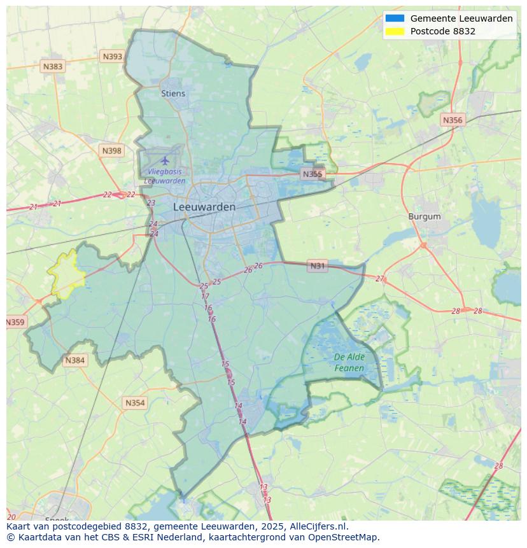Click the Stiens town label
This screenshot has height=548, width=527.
click(173, 94)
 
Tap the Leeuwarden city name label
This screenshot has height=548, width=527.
click(204, 207)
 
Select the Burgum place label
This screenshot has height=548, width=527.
click(425, 216)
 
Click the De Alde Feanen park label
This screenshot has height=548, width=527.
click(349, 363)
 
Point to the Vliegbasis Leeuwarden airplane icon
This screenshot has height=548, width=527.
click(165, 160)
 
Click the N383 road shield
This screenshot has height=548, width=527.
click(53, 66)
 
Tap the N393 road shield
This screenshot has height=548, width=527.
click(112, 57)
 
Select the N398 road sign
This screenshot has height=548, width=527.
click(111, 151)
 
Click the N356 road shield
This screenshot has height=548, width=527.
click(453, 120)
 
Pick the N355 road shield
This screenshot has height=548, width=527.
click(313, 174)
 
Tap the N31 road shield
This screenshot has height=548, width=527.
click(317, 266)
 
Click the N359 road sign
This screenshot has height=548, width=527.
click(15, 322)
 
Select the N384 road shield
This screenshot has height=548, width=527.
click(74, 361)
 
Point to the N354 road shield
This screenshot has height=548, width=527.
click(135, 403)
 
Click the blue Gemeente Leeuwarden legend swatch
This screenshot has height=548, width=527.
click(395, 18)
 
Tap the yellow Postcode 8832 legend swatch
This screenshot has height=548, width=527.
click(395, 31)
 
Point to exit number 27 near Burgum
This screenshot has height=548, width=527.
click(380, 279)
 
